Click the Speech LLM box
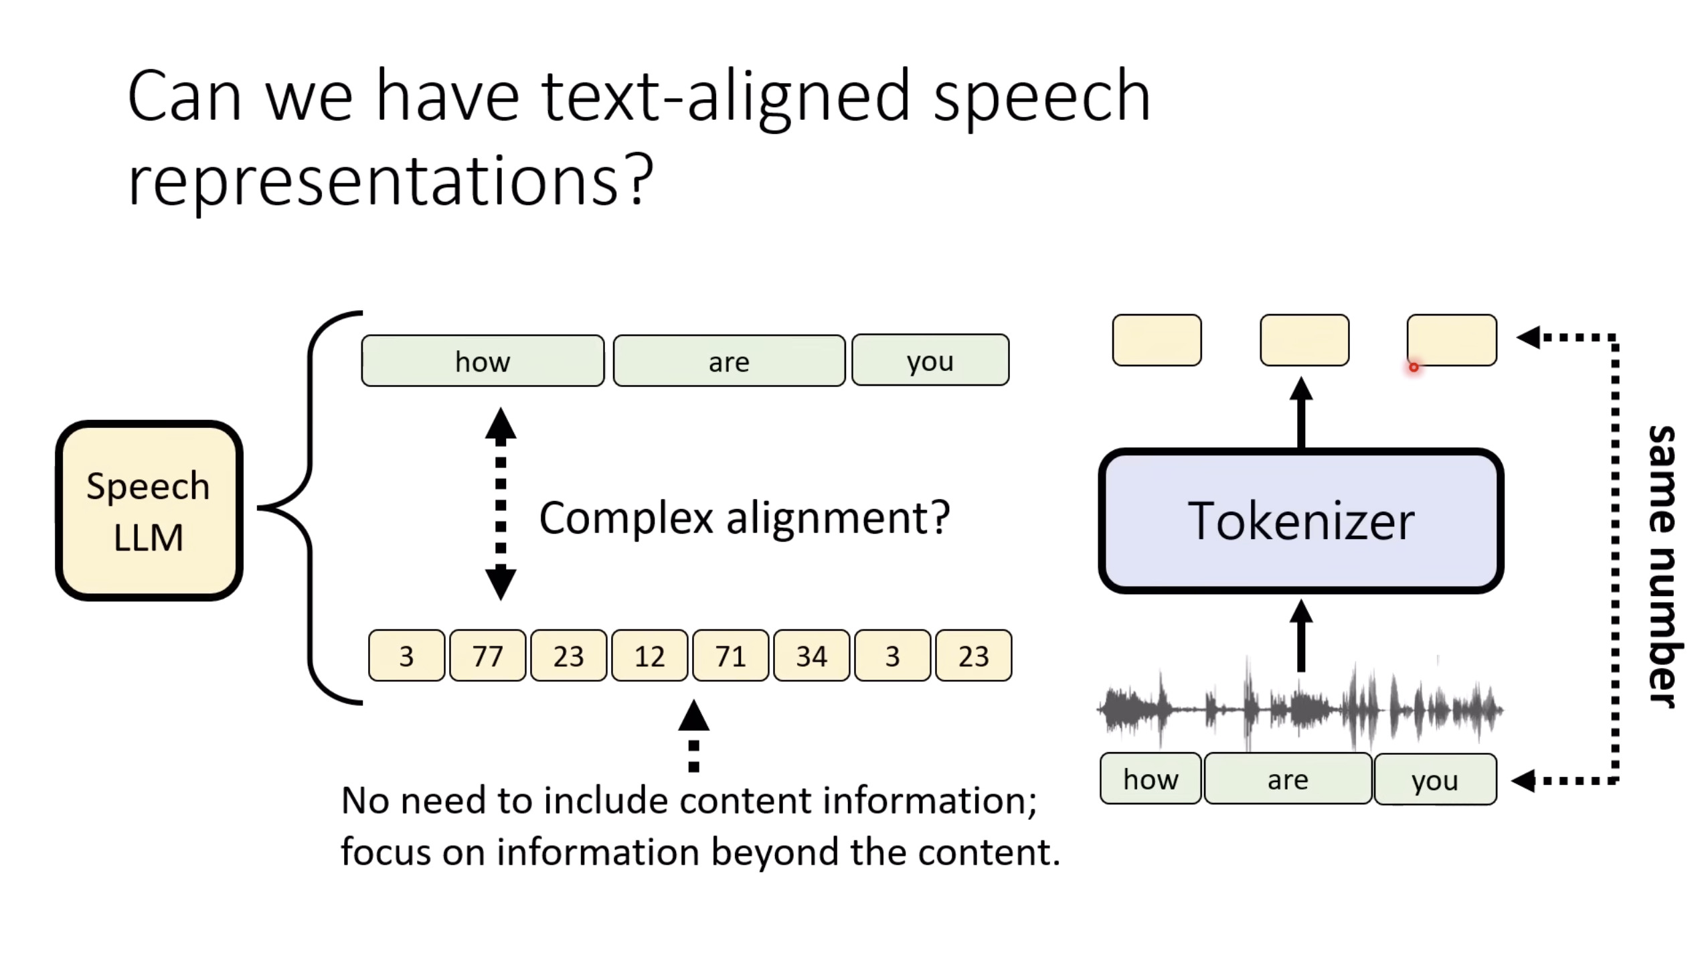coord(149,510)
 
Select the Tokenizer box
coord(1300,521)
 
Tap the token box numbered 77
coord(487,656)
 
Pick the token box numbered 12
coord(649,656)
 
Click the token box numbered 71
coord(730,656)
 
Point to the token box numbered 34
coord(811,656)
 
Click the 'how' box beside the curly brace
coord(483,361)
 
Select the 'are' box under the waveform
coord(1287,779)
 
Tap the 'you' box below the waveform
coord(1435,780)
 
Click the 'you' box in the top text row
coord(930,360)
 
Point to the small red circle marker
coord(1414,367)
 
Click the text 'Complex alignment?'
coord(744,518)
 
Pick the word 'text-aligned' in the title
coord(725,97)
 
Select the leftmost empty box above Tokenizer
coord(1157,340)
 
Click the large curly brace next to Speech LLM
coord(309,508)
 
